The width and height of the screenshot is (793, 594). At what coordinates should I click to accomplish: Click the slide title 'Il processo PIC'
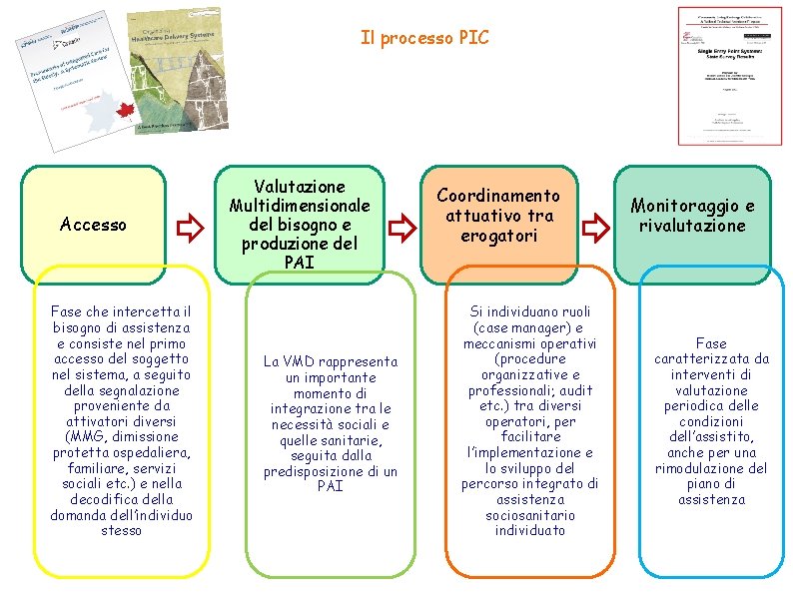pyautogui.click(x=424, y=38)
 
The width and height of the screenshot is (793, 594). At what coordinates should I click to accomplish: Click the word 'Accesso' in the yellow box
pyautogui.click(x=93, y=225)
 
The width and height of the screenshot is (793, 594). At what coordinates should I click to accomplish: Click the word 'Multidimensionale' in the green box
pyautogui.click(x=300, y=205)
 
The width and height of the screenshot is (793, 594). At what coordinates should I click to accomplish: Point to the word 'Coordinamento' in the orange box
pyautogui.click(x=498, y=196)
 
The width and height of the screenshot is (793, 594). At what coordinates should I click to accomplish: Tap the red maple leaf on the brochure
pyautogui.click(x=124, y=111)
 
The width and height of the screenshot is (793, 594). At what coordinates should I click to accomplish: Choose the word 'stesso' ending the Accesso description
pyautogui.click(x=121, y=530)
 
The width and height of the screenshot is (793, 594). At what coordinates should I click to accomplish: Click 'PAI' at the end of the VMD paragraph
pyautogui.click(x=330, y=486)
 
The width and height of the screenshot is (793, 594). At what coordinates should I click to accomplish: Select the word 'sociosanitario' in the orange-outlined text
pyautogui.click(x=530, y=515)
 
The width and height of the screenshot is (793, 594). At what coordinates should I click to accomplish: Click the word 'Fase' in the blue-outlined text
pyautogui.click(x=711, y=343)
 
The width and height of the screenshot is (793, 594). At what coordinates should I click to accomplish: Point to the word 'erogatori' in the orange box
pyautogui.click(x=498, y=236)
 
